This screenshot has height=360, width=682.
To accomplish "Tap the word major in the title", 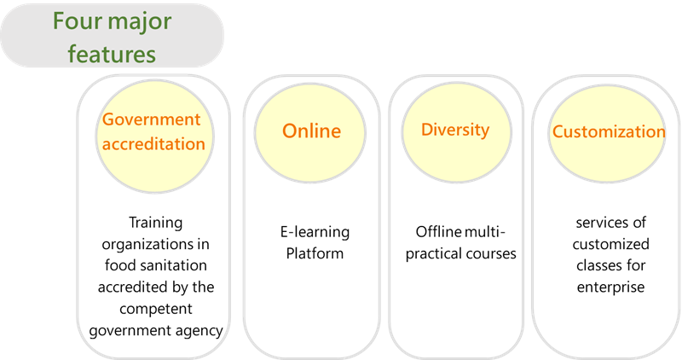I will (142, 21).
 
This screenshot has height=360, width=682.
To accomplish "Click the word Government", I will (152, 119).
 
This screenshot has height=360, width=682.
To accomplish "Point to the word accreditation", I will (153, 143).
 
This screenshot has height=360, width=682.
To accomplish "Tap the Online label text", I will (311, 131).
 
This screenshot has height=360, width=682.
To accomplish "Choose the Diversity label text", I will (455, 130).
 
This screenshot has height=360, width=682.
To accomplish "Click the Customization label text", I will (609, 132).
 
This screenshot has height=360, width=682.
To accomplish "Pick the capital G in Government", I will (107, 119).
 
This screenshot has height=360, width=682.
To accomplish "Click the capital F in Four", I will (59, 21).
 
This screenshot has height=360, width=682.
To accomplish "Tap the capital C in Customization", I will (558, 132).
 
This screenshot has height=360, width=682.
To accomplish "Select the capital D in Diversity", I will (426, 130).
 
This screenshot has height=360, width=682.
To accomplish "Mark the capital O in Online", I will (289, 131).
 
